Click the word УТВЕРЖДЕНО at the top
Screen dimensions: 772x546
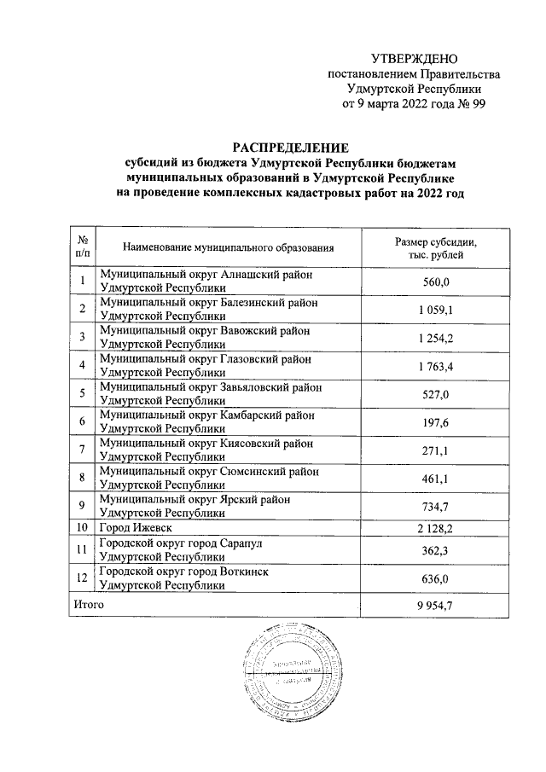pyautogui.click(x=415, y=59)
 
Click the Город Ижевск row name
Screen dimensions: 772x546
pyautogui.click(x=131, y=529)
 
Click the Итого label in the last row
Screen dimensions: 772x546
pyautogui.click(x=89, y=603)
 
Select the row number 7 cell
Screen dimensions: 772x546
pyautogui.click(x=82, y=450)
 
